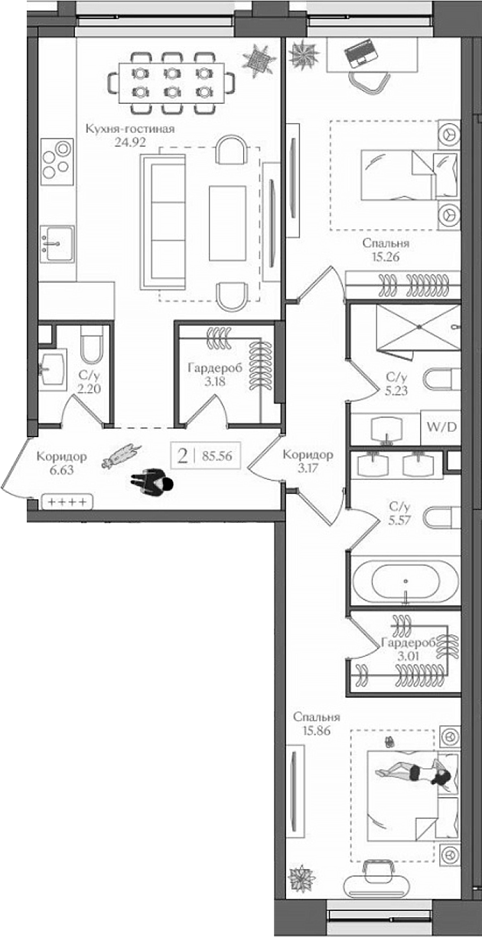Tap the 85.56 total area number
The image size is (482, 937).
(217, 457)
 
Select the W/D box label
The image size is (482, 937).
(441, 426)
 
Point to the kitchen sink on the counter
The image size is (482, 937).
(57, 243)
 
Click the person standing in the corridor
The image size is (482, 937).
(152, 484)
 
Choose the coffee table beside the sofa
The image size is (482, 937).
(228, 222)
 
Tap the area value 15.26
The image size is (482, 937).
(386, 258)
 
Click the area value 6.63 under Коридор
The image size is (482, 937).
(61, 470)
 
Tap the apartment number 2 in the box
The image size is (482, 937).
(182, 457)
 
